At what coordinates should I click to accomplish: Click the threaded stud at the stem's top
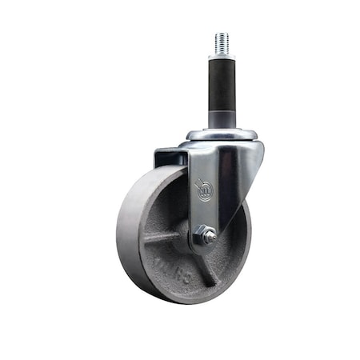click(x=222, y=43)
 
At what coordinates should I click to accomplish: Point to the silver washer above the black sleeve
click(x=222, y=57)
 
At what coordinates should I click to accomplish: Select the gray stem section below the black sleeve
click(x=222, y=119)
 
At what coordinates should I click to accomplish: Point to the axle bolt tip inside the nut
click(x=207, y=236)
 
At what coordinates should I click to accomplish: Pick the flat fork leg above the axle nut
click(x=205, y=212)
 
